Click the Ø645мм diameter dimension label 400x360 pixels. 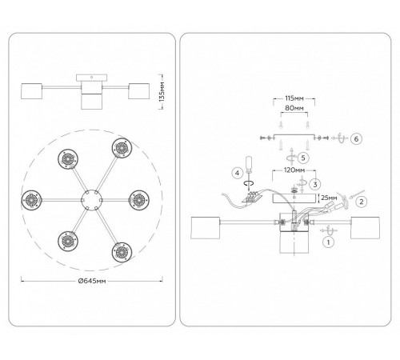(92, 281)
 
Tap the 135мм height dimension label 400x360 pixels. (162, 91)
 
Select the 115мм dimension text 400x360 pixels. (294, 98)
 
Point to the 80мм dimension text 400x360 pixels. (294, 108)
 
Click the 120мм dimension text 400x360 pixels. (294, 170)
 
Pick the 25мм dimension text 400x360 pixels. (329, 198)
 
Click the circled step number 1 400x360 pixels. (328, 242)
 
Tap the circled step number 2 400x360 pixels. (362, 202)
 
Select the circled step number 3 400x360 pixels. (315, 184)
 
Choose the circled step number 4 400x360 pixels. (238, 174)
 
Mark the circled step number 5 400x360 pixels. (303, 158)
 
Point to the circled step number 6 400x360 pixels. (356, 138)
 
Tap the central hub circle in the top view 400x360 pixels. (91, 200)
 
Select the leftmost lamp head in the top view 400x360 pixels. (32, 200)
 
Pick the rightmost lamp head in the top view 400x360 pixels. (139, 200)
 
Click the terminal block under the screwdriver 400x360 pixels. (253, 198)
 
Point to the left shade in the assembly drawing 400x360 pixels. (206, 228)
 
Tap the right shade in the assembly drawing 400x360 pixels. (365, 228)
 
